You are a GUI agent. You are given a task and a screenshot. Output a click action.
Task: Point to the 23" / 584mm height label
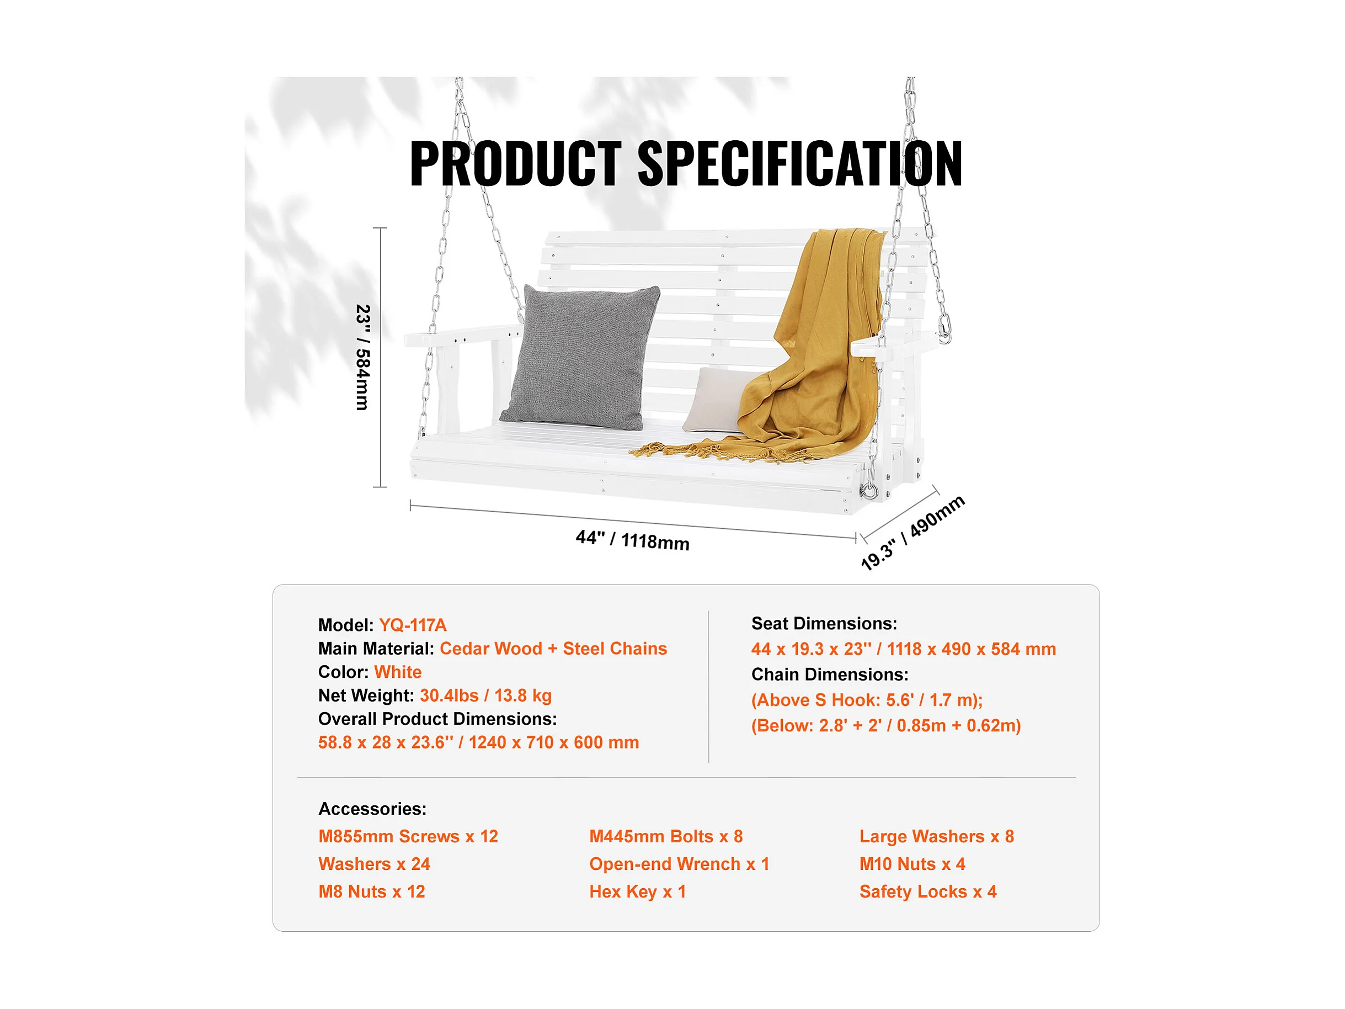tap(362, 358)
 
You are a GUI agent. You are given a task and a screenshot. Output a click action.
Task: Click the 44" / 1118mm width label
tap(632, 539)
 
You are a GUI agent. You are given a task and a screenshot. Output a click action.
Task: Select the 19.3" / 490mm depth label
tap(912, 532)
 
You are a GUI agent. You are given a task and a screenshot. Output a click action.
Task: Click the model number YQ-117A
tap(413, 625)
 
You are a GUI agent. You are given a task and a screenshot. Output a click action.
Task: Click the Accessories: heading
tap(372, 808)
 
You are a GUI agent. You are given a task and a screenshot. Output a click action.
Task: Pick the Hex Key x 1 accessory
tap(637, 891)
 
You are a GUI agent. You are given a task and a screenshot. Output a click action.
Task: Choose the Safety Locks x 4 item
tap(928, 891)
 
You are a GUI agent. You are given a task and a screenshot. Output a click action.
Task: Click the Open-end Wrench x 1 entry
tap(679, 864)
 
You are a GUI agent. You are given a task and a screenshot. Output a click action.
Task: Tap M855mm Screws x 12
tap(408, 836)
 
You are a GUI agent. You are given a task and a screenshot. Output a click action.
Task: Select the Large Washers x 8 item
tap(936, 836)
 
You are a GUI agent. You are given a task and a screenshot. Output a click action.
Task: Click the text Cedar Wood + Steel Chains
tap(553, 649)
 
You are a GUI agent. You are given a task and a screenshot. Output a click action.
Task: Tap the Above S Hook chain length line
tap(867, 700)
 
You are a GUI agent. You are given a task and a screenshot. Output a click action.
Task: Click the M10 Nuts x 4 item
tap(912, 864)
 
